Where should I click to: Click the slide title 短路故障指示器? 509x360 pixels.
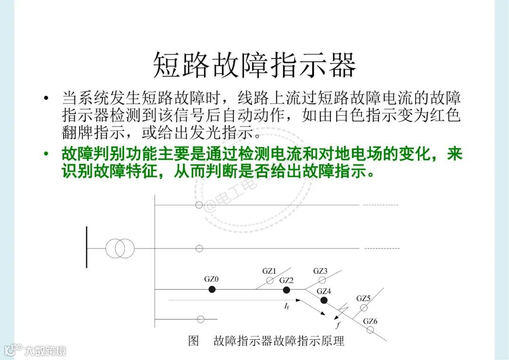[x=254, y=65]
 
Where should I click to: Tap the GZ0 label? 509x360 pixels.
[x=211, y=279]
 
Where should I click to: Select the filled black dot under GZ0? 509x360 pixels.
[x=212, y=290]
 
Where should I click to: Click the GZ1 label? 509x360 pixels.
[x=269, y=271]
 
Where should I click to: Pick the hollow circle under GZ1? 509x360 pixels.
[x=270, y=281]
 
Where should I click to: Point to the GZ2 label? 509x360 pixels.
[x=286, y=280]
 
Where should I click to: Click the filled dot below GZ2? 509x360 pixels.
[x=286, y=290]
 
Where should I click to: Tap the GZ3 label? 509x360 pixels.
[x=320, y=271]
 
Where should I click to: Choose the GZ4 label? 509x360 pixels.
[x=324, y=291]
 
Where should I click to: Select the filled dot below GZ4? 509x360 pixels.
[x=324, y=300]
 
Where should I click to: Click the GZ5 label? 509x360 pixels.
[x=363, y=298]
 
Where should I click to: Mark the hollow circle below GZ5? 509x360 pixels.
[x=363, y=308]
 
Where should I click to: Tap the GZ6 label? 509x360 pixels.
[x=370, y=321]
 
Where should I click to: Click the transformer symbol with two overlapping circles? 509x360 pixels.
[x=120, y=248]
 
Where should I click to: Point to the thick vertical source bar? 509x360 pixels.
[x=87, y=247]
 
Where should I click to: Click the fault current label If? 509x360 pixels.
[x=287, y=307]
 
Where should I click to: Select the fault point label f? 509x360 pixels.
[x=337, y=325]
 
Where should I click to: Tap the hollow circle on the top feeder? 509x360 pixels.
[x=199, y=205]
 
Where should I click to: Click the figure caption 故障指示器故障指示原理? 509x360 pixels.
[x=279, y=341]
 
